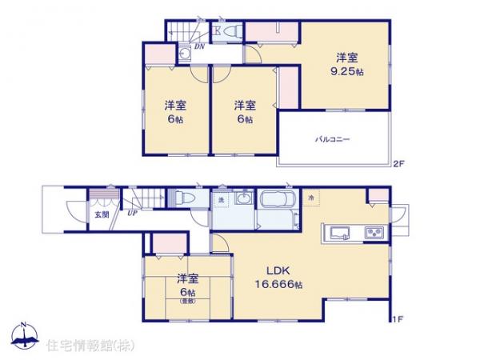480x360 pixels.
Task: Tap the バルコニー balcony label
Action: [332, 139]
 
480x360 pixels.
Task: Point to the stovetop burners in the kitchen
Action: [374, 233]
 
